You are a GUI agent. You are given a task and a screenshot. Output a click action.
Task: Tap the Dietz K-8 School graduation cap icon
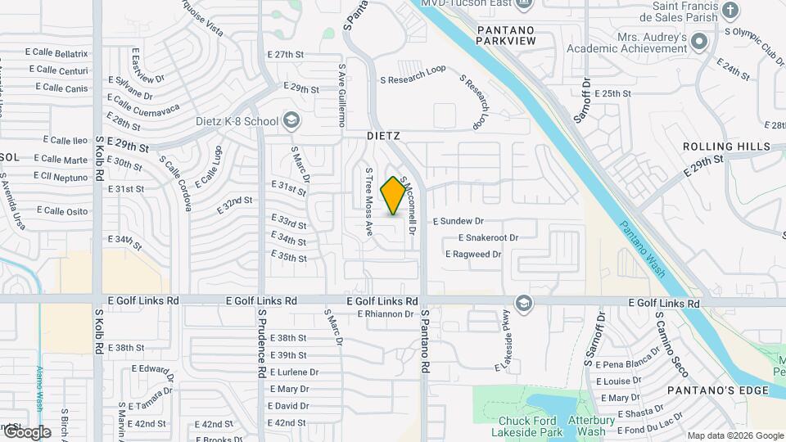coord(291,121)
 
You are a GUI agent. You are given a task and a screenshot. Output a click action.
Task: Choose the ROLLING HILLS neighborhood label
coord(727,147)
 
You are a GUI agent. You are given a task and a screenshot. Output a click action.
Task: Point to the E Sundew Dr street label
coord(458,221)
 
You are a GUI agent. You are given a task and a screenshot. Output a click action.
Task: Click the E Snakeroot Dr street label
coord(489,237)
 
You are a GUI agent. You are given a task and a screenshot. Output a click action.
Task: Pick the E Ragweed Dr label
coord(473,255)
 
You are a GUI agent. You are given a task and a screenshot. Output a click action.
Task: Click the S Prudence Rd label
coord(262,342)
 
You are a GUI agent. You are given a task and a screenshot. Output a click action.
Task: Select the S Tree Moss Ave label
coord(369,199)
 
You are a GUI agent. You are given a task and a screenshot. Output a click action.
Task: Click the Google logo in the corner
coord(26,431)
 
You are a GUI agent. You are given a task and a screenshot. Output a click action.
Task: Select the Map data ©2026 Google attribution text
coord(734,435)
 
